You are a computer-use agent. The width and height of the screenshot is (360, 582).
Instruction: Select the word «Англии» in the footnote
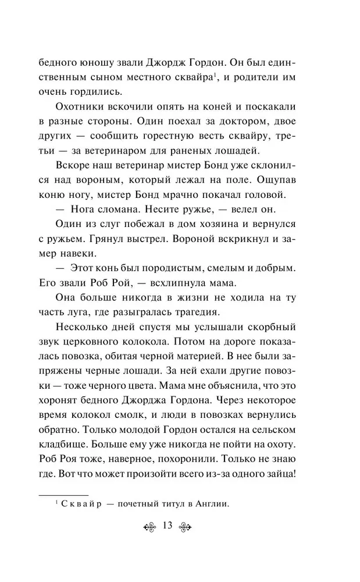[x=213, y=504]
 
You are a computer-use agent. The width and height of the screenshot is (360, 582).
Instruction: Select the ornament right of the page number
[x=188, y=527]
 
